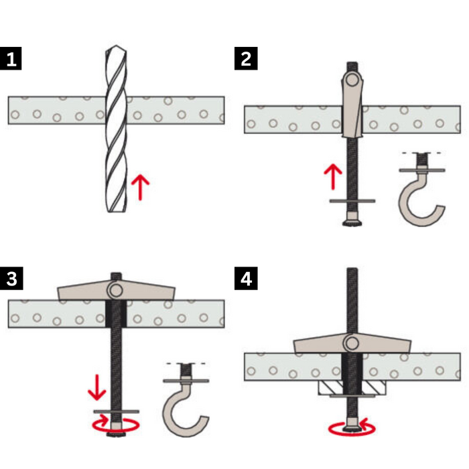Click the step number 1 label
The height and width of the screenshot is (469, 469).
[x=11, y=58]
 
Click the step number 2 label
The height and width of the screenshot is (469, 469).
[x=246, y=58]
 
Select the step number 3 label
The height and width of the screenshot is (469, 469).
[x=11, y=278]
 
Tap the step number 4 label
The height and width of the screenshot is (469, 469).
[x=246, y=278]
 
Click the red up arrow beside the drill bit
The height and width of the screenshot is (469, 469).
[x=140, y=187]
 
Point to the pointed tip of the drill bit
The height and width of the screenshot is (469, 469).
[x=116, y=46]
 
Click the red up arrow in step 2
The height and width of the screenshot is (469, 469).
[x=333, y=176]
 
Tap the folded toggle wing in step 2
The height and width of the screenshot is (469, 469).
[x=352, y=103]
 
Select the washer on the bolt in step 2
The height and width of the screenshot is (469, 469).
[x=352, y=201]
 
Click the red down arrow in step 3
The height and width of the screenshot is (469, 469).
[x=96, y=387]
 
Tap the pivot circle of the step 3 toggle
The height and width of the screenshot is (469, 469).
[x=116, y=290]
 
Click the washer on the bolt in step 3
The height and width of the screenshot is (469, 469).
[x=116, y=412]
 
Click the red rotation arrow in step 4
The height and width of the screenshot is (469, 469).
[x=352, y=427]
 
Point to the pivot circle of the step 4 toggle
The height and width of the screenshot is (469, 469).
[x=352, y=343]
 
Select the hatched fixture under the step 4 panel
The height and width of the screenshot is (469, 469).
[x=352, y=388]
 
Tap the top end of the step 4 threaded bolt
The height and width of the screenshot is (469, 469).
[x=352, y=269]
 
